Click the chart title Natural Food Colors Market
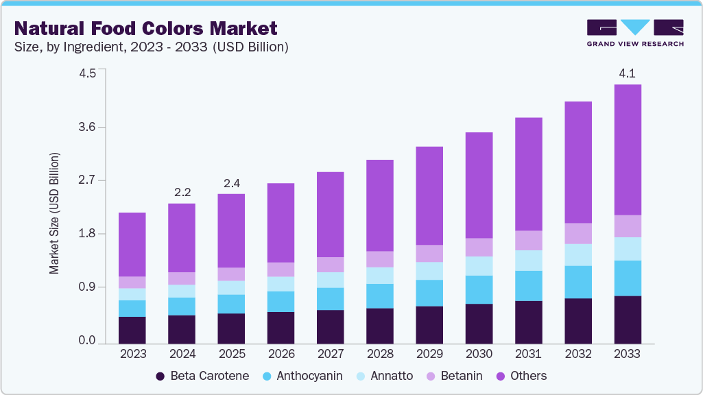pyautogui.click(x=145, y=28)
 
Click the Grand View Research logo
pyautogui.click(x=634, y=32)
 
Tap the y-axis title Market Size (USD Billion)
pyautogui.click(x=54, y=213)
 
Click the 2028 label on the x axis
pyautogui.click(x=379, y=354)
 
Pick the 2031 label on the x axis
pyautogui.click(x=528, y=354)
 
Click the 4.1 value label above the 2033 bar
pyautogui.click(x=627, y=72)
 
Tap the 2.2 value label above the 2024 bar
pyautogui.click(x=182, y=192)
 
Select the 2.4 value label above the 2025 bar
pyautogui.click(x=231, y=183)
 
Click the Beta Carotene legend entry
pyautogui.click(x=202, y=376)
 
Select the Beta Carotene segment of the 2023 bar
pyautogui.click(x=132, y=330)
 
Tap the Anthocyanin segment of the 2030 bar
pyautogui.click(x=479, y=289)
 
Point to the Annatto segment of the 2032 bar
pyautogui.click(x=577, y=254)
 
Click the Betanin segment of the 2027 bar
pyautogui.click(x=330, y=265)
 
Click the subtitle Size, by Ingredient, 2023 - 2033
pyautogui.click(x=151, y=47)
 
